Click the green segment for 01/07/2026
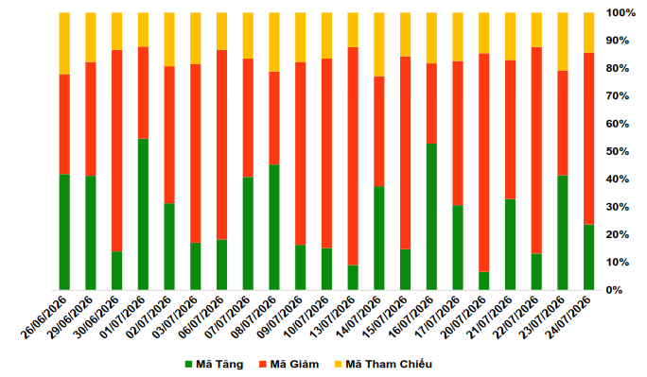(x=143, y=214)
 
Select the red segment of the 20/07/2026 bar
(x=484, y=163)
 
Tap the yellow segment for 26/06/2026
(x=64, y=43)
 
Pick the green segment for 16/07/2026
(x=431, y=216)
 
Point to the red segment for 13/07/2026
(x=353, y=156)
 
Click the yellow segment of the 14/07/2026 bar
(x=379, y=44)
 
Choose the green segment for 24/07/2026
(x=588, y=257)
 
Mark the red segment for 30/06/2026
(x=116, y=151)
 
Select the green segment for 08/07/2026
(x=274, y=228)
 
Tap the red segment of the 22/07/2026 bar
(x=536, y=150)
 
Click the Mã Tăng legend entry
(x=214, y=364)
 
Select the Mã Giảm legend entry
(x=289, y=364)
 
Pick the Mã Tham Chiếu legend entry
(x=383, y=364)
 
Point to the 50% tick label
(x=618, y=151)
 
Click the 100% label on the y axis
(x=621, y=13)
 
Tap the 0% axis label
(x=614, y=290)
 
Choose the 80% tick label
(x=618, y=68)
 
